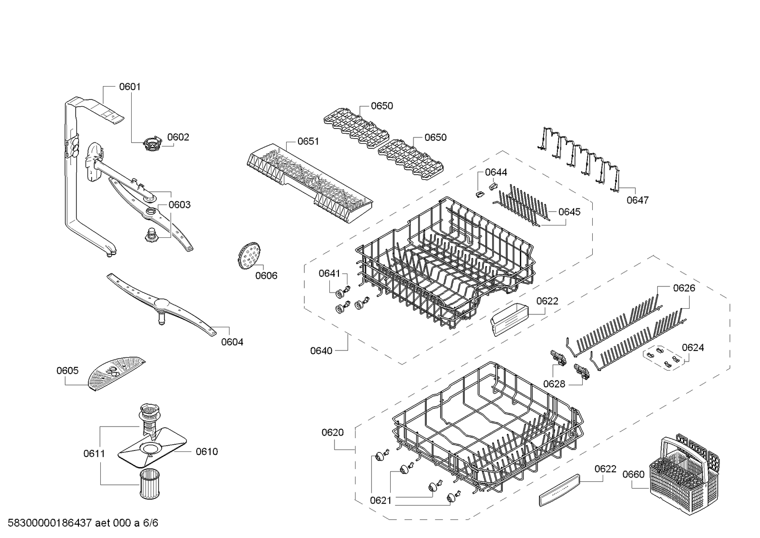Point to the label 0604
click(232, 342)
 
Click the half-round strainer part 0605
click(115, 373)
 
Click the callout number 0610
click(207, 451)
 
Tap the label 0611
click(94, 453)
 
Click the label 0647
click(637, 200)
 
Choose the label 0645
click(569, 212)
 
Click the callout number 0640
click(321, 351)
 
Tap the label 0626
click(684, 288)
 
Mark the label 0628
click(554, 384)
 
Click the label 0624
click(693, 348)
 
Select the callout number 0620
click(333, 432)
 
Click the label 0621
click(381, 500)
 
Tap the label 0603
click(180, 205)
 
